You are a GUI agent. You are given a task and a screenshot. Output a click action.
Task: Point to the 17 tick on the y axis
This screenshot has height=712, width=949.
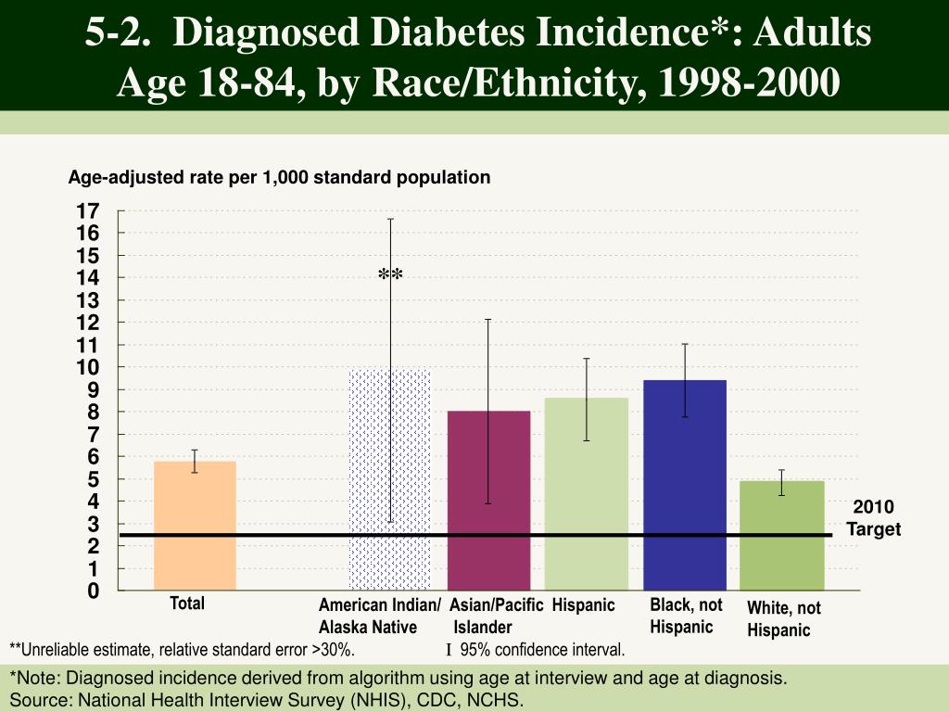(88, 210)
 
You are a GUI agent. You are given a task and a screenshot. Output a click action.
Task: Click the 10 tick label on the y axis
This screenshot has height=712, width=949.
(88, 367)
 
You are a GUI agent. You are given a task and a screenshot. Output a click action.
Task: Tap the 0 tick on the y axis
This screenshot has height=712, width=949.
(93, 591)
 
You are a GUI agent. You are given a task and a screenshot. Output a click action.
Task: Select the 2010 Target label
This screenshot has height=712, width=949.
(873, 518)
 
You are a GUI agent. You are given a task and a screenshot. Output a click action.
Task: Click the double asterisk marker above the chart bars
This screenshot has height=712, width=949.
(390, 275)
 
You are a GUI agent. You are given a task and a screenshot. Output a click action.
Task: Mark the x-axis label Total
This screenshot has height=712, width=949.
(187, 604)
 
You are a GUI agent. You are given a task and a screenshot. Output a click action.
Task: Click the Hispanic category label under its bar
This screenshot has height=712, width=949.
(584, 605)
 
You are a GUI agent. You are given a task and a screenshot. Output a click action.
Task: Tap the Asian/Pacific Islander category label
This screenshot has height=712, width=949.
(497, 616)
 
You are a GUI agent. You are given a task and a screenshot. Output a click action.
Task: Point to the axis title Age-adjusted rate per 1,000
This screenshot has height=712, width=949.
(279, 176)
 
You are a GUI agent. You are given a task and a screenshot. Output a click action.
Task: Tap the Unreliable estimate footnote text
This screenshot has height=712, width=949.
(182, 648)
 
